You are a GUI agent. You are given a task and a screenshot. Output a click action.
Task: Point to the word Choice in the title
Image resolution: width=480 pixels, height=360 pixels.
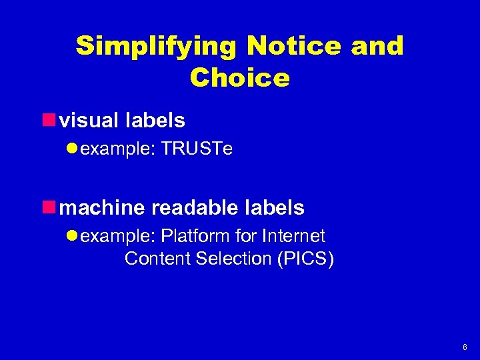pyautogui.click(x=240, y=78)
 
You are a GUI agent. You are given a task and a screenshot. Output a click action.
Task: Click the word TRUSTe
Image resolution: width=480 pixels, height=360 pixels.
pyautogui.click(x=197, y=149)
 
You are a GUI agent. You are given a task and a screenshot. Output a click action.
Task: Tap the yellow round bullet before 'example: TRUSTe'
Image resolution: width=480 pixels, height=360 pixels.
pyautogui.click(x=73, y=149)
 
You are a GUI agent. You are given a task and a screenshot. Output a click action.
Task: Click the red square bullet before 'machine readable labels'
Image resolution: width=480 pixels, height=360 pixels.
pyautogui.click(x=48, y=208)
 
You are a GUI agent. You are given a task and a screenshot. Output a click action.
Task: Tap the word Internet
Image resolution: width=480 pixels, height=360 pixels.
pyautogui.click(x=294, y=236)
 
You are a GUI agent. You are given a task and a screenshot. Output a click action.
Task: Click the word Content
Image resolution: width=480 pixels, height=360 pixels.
pyautogui.click(x=157, y=259)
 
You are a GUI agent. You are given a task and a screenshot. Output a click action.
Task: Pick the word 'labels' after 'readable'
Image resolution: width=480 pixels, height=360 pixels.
pyautogui.click(x=273, y=208)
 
